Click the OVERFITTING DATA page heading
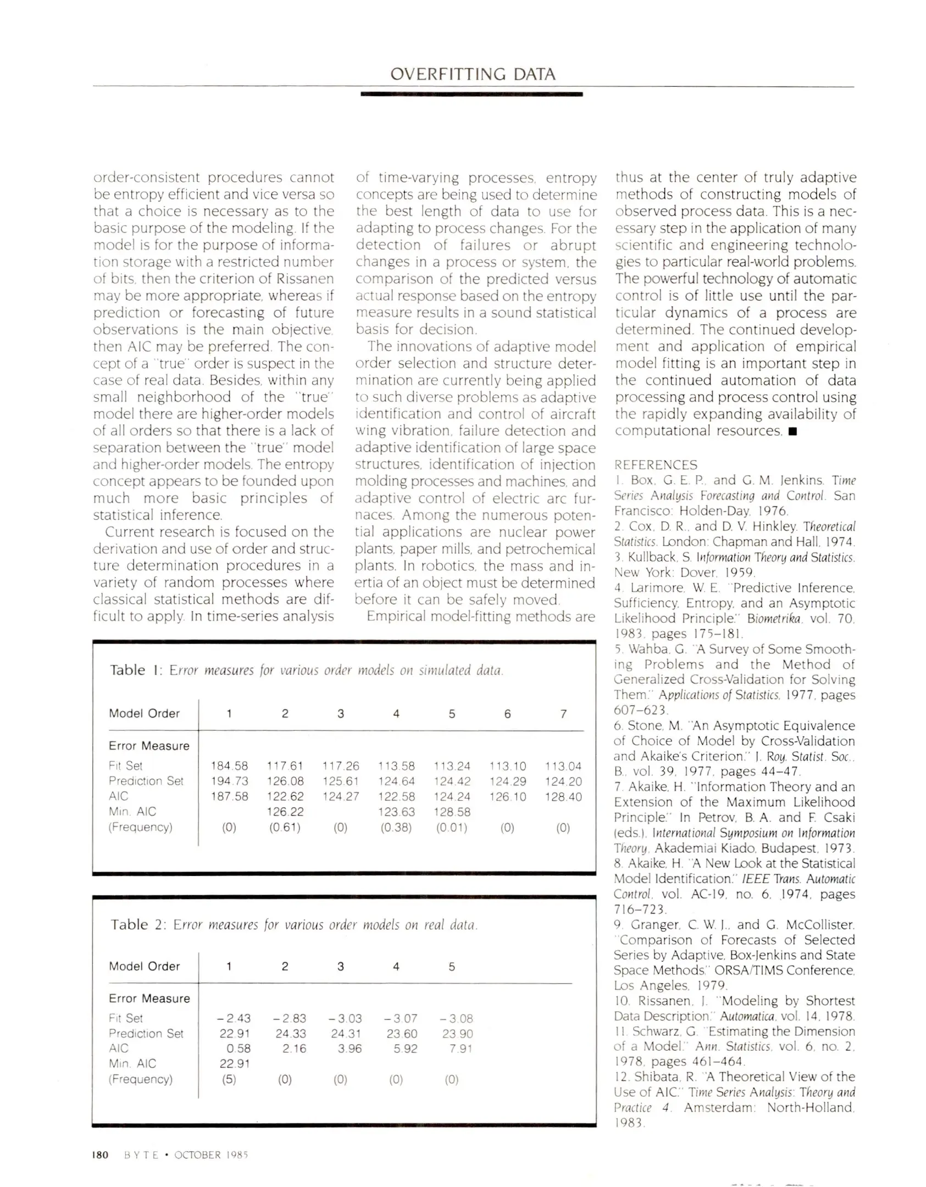(472, 74)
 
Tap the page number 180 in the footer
(100, 1155)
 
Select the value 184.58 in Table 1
(229, 766)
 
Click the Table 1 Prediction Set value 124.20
(563, 781)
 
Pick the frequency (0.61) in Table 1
(285, 828)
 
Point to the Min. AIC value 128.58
(452, 812)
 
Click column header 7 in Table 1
(563, 714)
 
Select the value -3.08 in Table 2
(456, 1018)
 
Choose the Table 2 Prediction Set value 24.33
(290, 1034)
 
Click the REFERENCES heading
(655, 465)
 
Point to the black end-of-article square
(792, 431)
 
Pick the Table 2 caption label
(137, 924)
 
